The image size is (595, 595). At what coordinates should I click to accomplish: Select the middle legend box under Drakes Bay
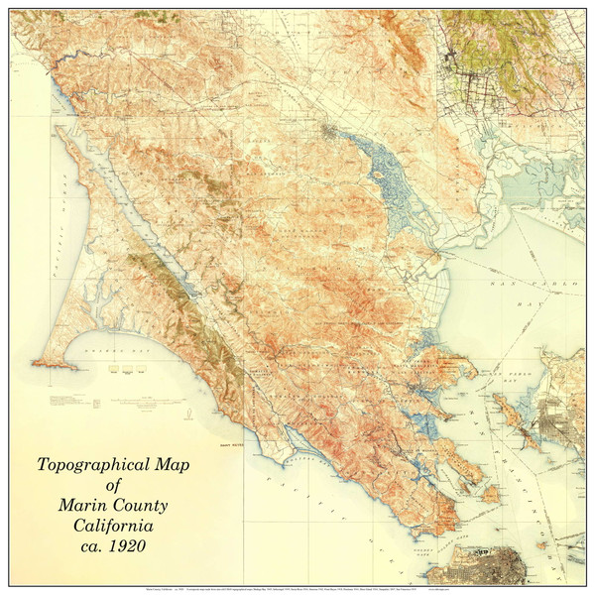click(x=127, y=368)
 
